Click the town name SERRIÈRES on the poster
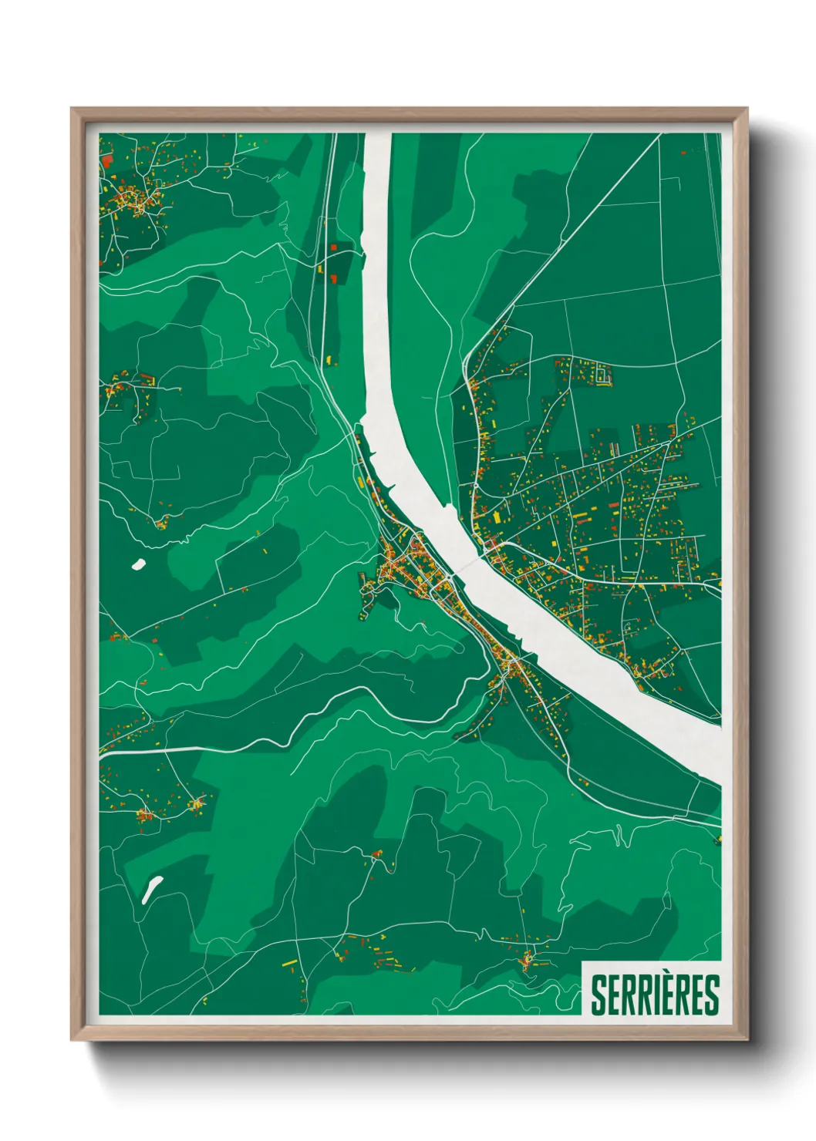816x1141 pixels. pyautogui.click(x=654, y=995)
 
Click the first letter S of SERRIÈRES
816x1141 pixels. pyautogui.click(x=599, y=995)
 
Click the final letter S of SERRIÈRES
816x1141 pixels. pyautogui.click(x=711, y=995)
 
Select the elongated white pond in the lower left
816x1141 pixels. pyautogui.click(x=152, y=889)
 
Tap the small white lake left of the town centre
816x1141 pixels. pyautogui.click(x=139, y=564)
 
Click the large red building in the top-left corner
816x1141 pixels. pyautogui.click(x=106, y=160)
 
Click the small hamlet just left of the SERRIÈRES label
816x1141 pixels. pyautogui.click(x=528, y=960)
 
